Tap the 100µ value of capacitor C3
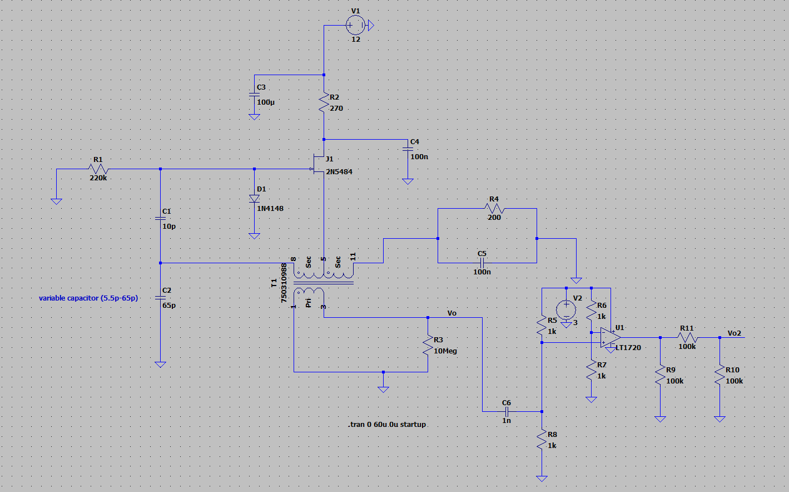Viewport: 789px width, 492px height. click(x=266, y=102)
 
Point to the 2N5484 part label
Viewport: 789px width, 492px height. click(x=339, y=172)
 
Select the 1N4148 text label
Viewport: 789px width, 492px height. click(x=270, y=209)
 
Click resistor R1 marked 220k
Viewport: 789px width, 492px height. click(x=98, y=169)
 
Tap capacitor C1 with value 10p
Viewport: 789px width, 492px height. click(x=160, y=219)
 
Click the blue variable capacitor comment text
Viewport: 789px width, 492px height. click(x=88, y=298)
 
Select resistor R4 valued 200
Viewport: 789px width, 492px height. click(x=494, y=209)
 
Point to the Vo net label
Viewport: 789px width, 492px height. click(x=451, y=313)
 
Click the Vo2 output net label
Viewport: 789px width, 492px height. click(x=734, y=333)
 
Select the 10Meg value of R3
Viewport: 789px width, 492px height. click(x=445, y=351)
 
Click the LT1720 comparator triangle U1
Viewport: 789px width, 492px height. click(x=610, y=337)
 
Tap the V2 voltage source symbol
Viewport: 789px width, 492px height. click(x=566, y=309)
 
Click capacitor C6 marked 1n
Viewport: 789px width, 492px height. click(x=507, y=411)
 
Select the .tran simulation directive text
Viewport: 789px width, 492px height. click(x=388, y=425)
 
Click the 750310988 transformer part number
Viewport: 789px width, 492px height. click(x=284, y=283)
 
